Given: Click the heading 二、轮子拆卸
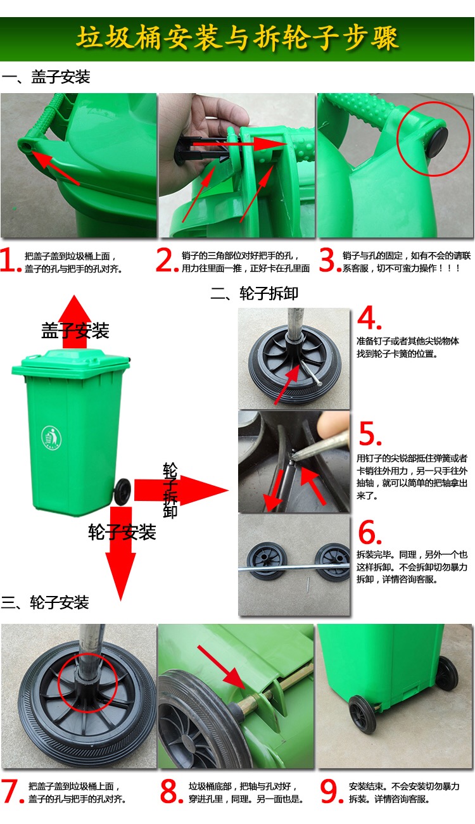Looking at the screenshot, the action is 254,293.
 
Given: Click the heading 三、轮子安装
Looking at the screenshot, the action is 45,602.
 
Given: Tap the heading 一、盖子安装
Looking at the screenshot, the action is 46,77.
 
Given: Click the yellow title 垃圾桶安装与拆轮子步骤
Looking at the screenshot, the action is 237,37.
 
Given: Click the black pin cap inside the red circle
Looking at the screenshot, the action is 438,142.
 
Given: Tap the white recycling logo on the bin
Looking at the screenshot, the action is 51,438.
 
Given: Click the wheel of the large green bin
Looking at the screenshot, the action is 122,491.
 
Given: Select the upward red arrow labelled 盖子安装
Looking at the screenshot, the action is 75,322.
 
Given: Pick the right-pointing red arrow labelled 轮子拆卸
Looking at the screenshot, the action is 181,490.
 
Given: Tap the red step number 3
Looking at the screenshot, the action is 327,260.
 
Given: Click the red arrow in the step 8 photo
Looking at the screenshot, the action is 221,667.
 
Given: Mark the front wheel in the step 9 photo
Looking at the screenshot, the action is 362,715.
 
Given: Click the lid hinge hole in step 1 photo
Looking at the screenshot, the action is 27,147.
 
